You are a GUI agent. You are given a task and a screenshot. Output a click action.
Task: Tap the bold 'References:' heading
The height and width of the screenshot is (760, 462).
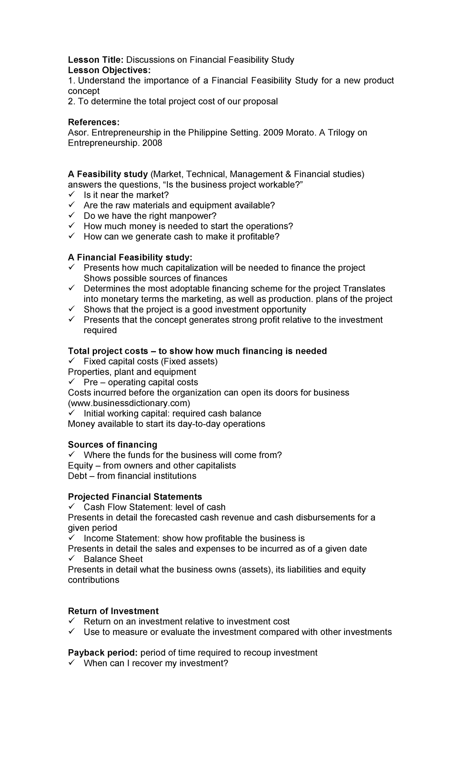(x=94, y=122)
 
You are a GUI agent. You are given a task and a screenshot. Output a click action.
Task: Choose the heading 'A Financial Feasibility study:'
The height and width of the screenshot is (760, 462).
(x=130, y=257)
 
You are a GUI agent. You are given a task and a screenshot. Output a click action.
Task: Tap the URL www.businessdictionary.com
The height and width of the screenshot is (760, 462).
(x=129, y=403)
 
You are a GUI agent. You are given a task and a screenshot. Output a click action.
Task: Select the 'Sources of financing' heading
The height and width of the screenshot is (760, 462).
(x=112, y=445)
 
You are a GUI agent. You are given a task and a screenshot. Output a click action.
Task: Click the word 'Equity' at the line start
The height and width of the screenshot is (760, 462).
(x=80, y=465)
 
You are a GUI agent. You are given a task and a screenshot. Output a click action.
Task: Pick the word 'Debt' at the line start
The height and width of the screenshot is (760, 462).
(x=77, y=476)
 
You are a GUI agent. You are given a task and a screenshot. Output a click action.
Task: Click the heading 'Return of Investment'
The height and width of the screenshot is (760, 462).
(x=113, y=611)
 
